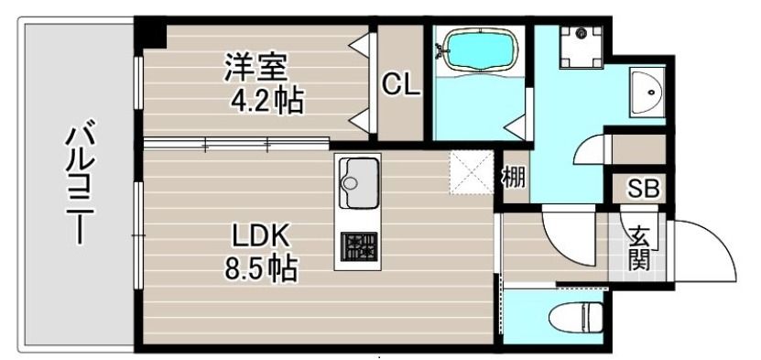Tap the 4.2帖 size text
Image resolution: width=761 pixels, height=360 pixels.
[266, 98]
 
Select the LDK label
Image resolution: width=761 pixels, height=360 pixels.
[260, 237]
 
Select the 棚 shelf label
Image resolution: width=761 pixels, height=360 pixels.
[513, 177]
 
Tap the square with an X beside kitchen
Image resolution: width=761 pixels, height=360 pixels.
[470, 171]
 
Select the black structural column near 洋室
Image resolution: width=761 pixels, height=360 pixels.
[151, 33]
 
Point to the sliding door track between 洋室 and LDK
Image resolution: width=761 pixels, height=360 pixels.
[236, 143]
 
